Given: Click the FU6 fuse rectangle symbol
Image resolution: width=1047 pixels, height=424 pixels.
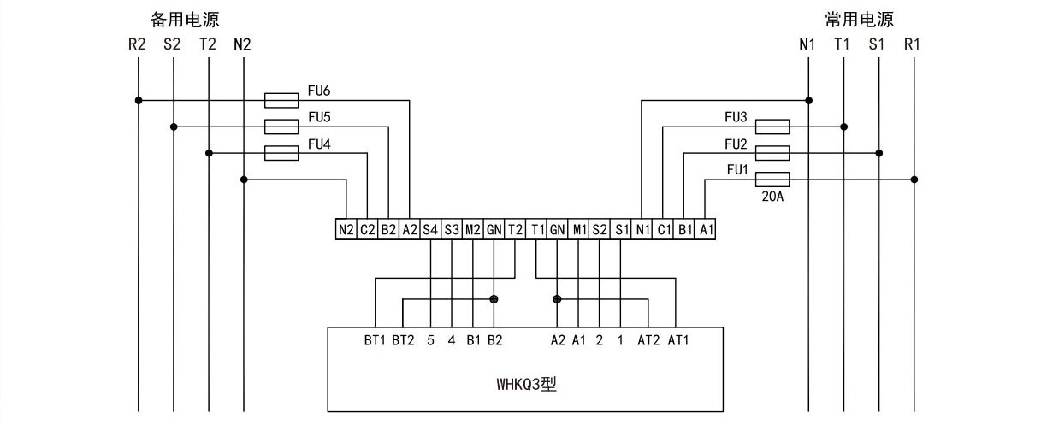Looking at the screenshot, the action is coord(281,100).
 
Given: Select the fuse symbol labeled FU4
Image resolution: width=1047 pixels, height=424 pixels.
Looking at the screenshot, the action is coord(281,153).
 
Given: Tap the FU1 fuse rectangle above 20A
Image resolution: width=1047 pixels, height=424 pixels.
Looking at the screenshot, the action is coord(772,180).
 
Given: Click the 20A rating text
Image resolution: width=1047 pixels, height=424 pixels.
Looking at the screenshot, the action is coord(772,197).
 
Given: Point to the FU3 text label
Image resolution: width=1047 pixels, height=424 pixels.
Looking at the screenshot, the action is coord(736,117).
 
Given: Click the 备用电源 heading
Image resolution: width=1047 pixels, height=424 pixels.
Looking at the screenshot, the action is coord(185,20).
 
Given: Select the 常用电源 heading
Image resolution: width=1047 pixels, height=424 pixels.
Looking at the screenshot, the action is coord(859,20).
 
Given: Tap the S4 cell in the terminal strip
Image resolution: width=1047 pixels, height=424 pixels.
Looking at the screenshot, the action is coord(430,229).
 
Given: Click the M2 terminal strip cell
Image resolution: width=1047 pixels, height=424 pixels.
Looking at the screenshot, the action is coord(472,229).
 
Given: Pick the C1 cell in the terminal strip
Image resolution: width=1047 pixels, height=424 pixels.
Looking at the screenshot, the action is coord(664,229).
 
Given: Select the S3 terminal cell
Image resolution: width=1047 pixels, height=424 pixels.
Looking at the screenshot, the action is coord(452,229).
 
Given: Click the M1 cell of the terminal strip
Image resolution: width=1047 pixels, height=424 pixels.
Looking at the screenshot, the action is coord(579,229).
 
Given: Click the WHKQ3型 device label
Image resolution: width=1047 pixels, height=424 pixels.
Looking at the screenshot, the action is coord(526,385).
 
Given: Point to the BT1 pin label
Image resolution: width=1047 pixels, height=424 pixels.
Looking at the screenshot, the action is coord(375,340).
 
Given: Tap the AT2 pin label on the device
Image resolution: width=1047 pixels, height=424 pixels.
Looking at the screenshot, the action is coord(648,340).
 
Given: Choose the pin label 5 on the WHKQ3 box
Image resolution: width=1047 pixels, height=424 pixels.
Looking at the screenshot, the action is coord(430,340).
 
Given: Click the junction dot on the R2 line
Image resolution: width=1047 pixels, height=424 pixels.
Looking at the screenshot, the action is coord(139,100).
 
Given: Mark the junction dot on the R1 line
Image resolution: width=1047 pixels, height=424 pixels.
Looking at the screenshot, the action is coord(914,180).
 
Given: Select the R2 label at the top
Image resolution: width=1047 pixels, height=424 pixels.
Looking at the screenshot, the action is coord(137,44).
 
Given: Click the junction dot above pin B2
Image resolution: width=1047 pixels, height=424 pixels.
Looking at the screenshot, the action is coord(494,299).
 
